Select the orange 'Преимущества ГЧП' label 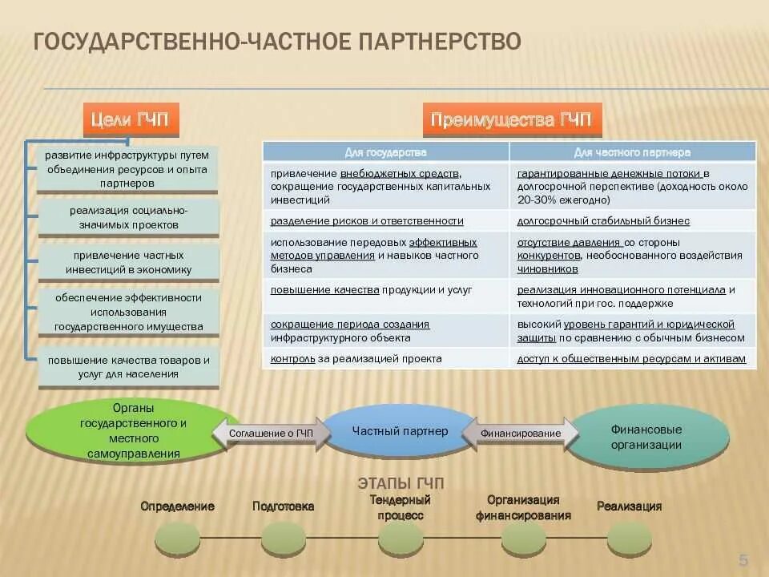pyautogui.click(x=511, y=120)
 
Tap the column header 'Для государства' pyautogui.click(x=385, y=151)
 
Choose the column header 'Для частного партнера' pyautogui.click(x=632, y=151)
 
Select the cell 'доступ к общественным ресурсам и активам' pyautogui.click(x=632, y=359)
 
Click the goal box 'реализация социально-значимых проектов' pyautogui.click(x=128, y=218)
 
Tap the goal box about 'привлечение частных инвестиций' pyautogui.click(x=128, y=263)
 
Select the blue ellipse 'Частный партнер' pyautogui.click(x=400, y=432)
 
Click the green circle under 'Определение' pyautogui.click(x=177, y=538)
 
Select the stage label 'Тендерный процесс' pyautogui.click(x=400, y=508)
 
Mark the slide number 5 pyautogui.click(x=743, y=559)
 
